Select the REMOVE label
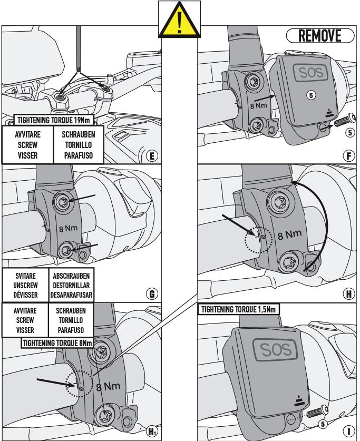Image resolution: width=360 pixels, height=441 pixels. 319,36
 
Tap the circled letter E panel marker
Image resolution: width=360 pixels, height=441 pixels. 152,155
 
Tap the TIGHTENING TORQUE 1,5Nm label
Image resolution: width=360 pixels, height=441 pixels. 239,309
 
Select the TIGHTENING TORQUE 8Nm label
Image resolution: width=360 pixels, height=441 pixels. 57,343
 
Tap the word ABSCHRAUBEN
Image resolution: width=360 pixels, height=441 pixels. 71,276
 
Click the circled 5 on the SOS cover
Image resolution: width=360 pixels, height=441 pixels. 312,95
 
